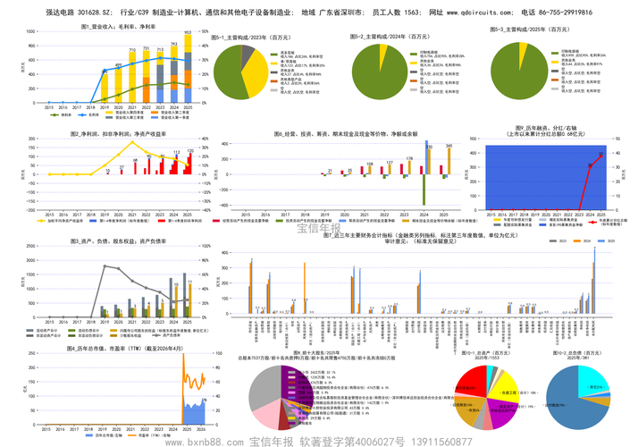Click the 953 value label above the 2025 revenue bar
pos(188,34)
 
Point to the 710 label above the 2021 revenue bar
pos(132,50)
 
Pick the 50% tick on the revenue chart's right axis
pos(205,31)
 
